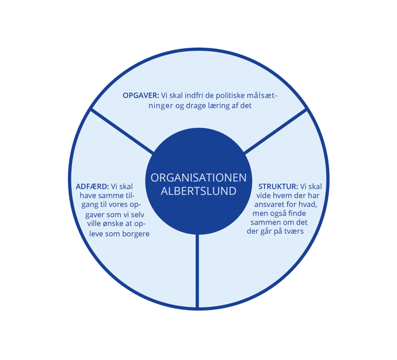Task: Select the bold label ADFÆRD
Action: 93,187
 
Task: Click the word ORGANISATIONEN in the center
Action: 199,178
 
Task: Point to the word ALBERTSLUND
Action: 199,191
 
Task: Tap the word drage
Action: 196,106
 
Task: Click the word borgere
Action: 136,234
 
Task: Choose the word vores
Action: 119,204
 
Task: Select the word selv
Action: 138,214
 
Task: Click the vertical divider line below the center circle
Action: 197,271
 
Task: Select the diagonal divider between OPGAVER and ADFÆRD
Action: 123,131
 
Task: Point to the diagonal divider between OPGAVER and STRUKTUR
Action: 276,131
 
